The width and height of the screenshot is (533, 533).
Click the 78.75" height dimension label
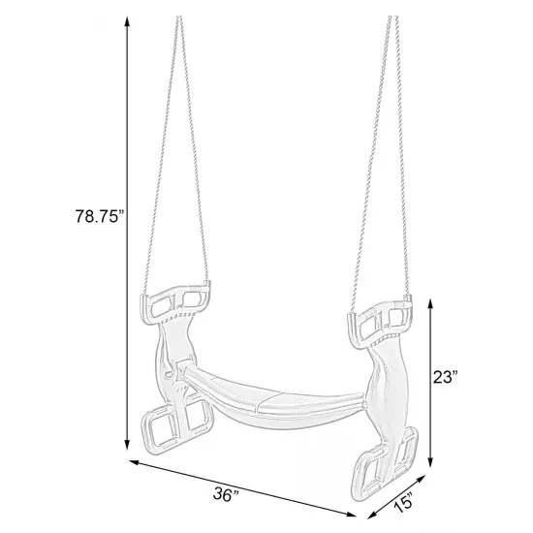(x=98, y=218)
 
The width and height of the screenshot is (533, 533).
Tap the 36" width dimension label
(x=226, y=494)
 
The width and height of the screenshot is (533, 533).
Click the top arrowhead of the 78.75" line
(x=127, y=21)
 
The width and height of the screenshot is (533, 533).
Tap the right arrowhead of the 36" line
(x=355, y=516)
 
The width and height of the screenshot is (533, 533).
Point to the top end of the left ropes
(x=179, y=19)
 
